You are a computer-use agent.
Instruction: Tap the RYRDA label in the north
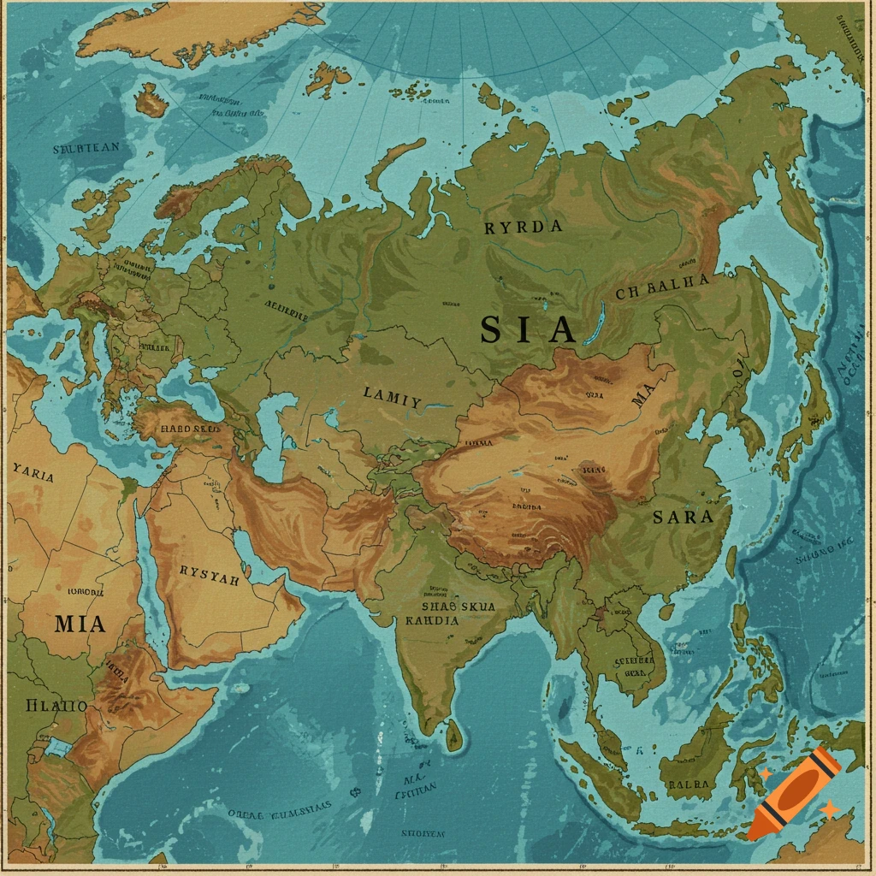coord(524,228)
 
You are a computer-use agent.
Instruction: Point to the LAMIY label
coord(392,397)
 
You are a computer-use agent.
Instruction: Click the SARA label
coord(683,517)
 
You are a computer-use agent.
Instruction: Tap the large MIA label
coord(80,624)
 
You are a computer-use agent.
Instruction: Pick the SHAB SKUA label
coord(460,606)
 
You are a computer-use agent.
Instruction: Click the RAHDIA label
coord(432,621)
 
